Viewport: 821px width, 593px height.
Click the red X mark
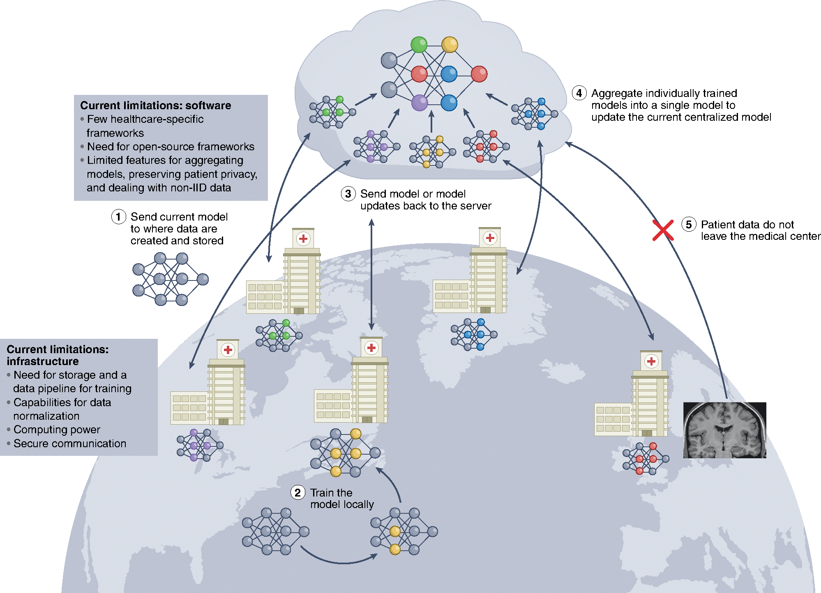[663, 230]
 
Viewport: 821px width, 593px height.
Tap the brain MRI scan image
[724, 430]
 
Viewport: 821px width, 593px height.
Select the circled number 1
[118, 216]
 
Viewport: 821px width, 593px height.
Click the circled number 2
[297, 492]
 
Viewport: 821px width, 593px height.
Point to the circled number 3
[348, 193]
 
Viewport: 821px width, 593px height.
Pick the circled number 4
[579, 93]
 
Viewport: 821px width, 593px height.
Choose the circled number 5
[689, 224]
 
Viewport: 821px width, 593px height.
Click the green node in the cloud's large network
[419, 45]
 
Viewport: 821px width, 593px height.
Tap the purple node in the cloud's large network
[420, 103]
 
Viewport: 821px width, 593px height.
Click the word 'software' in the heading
[208, 106]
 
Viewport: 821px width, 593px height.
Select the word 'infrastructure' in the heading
[43, 361]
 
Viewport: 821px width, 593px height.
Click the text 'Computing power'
[57, 430]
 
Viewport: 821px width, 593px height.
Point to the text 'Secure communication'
[70, 444]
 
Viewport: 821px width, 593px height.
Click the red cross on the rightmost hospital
[651, 361]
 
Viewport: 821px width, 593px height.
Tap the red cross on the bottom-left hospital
[228, 350]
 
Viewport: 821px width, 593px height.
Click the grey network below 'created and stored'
[170, 279]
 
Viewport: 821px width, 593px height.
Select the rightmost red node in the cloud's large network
[479, 74]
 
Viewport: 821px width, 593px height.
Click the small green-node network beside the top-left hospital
[279, 336]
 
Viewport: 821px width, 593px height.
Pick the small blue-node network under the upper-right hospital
[474, 334]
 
